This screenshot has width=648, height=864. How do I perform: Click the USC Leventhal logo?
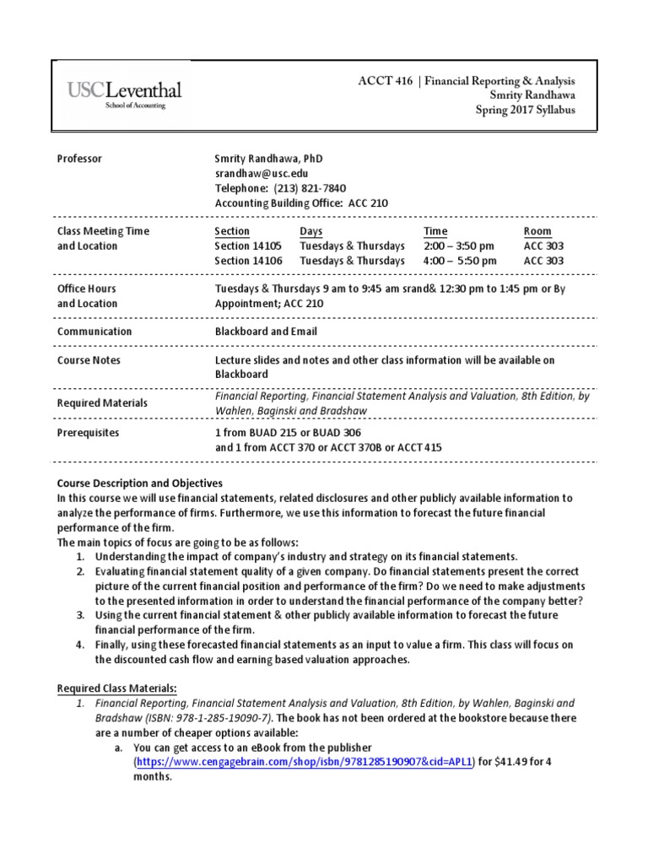pyautogui.click(x=123, y=94)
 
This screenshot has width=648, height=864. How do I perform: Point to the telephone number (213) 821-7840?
pyautogui.click(x=304, y=188)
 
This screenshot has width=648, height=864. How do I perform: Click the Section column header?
pyautogui.click(x=232, y=231)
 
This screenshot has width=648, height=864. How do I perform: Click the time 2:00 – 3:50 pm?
pyautogui.click(x=461, y=246)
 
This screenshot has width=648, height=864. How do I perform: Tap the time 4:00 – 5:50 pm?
pyautogui.click(x=461, y=261)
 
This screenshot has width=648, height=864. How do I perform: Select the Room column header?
pyautogui.click(x=537, y=231)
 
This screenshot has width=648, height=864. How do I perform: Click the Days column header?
pyautogui.click(x=310, y=231)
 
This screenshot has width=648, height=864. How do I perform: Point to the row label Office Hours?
pyautogui.click(x=87, y=289)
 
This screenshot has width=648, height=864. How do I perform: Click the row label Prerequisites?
pyautogui.click(x=88, y=433)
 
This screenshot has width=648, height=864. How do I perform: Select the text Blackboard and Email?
pyautogui.click(x=266, y=332)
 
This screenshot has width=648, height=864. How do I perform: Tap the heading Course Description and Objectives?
pyautogui.click(x=139, y=483)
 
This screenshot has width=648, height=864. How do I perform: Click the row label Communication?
pyautogui.click(x=94, y=332)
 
